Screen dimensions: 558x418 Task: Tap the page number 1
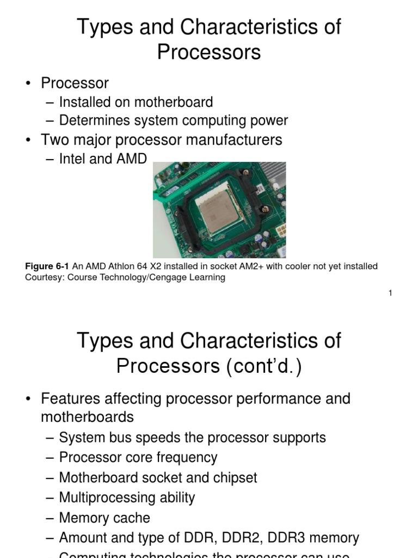click(390, 293)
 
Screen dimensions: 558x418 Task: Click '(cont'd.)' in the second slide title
click(263, 366)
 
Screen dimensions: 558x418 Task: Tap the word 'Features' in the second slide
click(70, 398)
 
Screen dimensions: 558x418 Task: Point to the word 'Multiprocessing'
click(100, 498)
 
